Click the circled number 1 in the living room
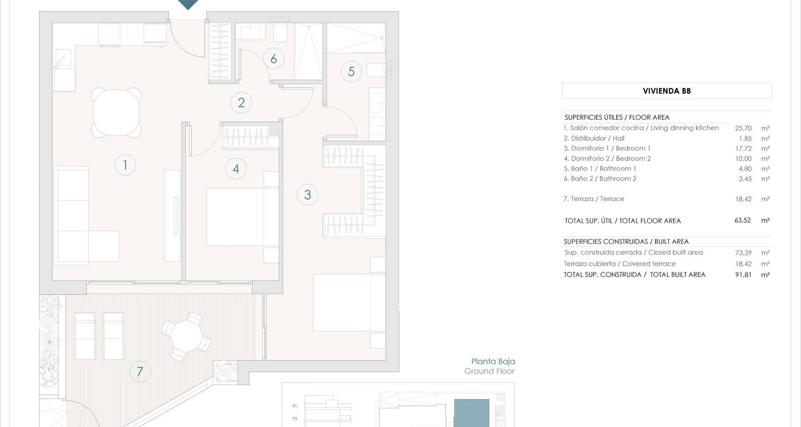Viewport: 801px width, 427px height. click(x=125, y=165)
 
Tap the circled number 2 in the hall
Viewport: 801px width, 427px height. click(x=241, y=103)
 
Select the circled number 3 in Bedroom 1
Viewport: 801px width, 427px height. click(x=307, y=195)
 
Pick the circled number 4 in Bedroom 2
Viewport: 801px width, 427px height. click(x=236, y=169)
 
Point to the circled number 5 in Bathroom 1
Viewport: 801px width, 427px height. click(x=351, y=71)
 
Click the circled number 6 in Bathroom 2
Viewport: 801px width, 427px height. click(x=274, y=59)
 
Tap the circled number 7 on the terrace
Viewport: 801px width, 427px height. click(x=140, y=372)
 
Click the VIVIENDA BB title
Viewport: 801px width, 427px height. click(x=667, y=91)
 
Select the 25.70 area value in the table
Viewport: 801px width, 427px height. click(x=743, y=128)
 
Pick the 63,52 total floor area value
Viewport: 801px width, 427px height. click(x=743, y=221)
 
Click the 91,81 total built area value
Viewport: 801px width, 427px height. click(x=743, y=275)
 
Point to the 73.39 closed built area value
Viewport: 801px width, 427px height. click(x=743, y=253)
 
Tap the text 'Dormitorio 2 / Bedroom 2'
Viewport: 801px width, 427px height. click(x=611, y=158)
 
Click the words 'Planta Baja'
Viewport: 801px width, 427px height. click(x=493, y=362)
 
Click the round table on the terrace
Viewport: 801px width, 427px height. click(x=186, y=337)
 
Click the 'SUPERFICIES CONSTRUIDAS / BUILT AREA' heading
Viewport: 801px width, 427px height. click(x=626, y=242)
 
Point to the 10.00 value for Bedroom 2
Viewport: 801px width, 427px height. click(x=743, y=159)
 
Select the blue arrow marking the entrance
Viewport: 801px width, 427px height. click(x=188, y=4)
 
